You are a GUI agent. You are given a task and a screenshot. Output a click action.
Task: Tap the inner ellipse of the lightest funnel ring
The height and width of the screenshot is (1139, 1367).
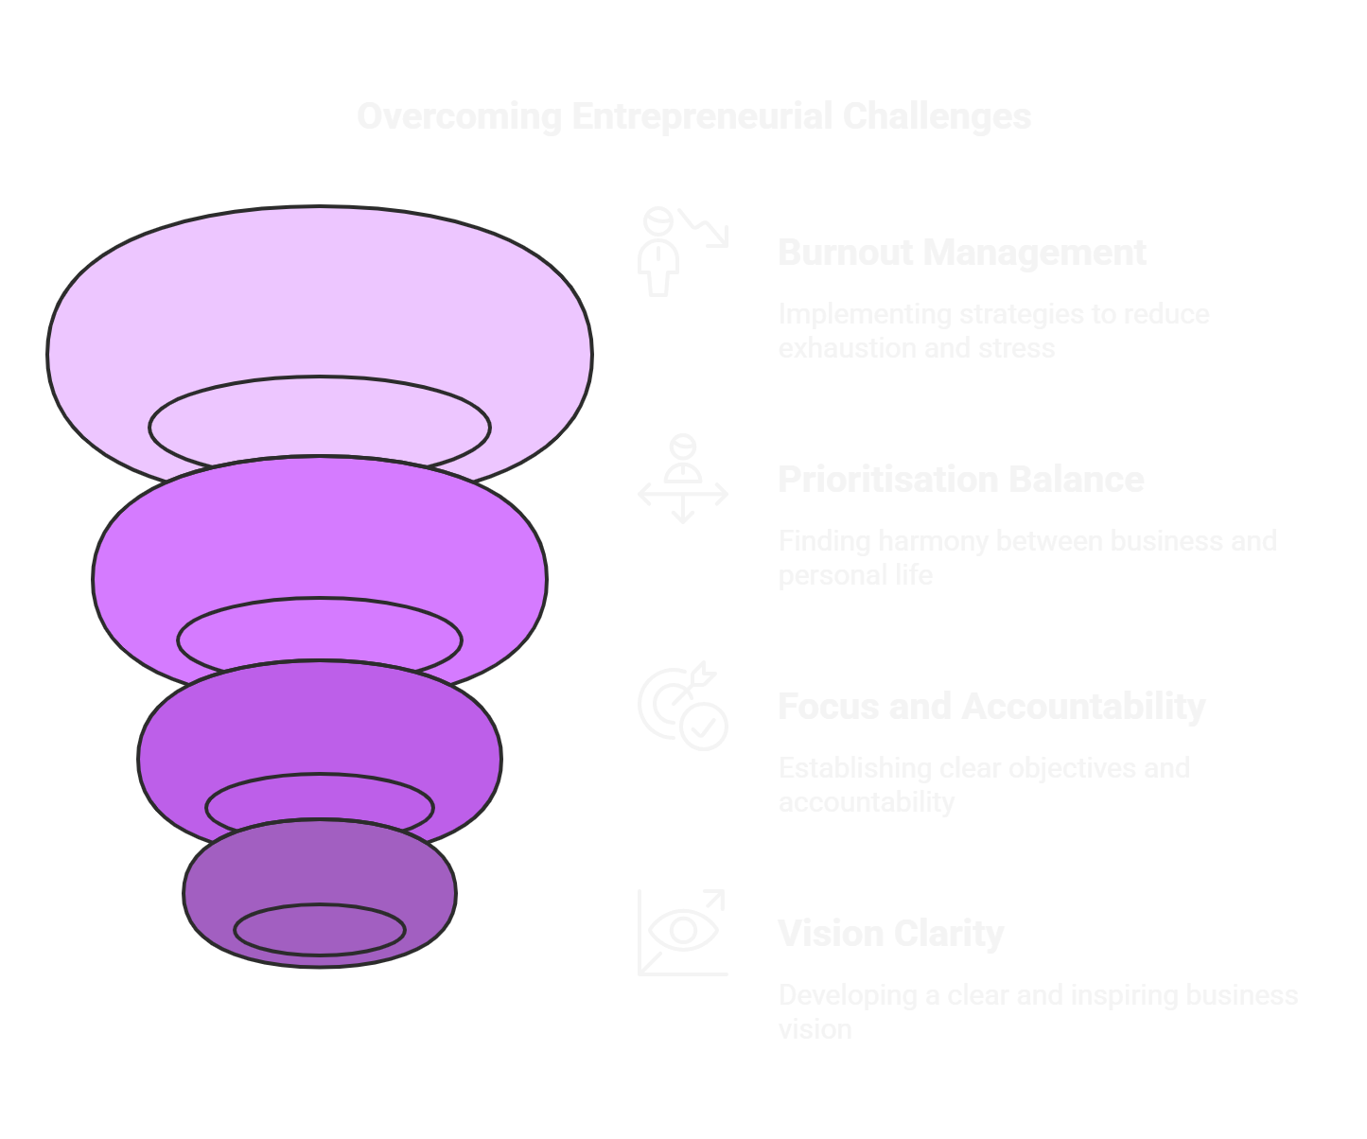click(x=320, y=426)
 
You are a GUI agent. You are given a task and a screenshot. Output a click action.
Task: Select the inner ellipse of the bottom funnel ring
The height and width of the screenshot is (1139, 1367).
click(x=320, y=930)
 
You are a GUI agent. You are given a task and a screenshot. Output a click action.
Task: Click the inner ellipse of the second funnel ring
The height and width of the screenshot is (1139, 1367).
click(x=320, y=640)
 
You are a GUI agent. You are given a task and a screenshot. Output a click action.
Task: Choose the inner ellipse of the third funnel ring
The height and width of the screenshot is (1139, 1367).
click(x=320, y=807)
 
